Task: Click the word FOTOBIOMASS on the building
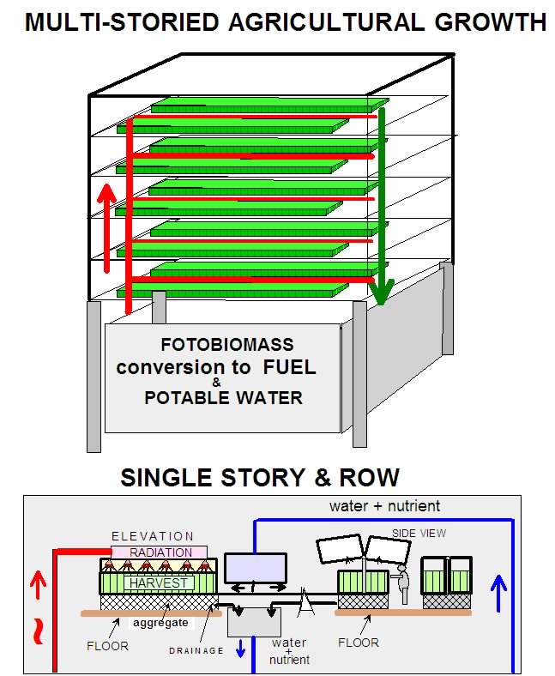[x=227, y=346]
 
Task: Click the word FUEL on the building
[x=287, y=368]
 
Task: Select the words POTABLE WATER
[x=223, y=399]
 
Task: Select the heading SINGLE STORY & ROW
[x=260, y=478]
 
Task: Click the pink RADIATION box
[x=160, y=552]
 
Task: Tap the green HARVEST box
[x=160, y=582]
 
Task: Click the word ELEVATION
[x=153, y=536]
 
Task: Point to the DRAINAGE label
[x=196, y=651]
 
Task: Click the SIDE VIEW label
[x=419, y=533]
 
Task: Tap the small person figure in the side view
[x=405, y=584]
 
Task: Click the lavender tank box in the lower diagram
[x=255, y=568]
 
